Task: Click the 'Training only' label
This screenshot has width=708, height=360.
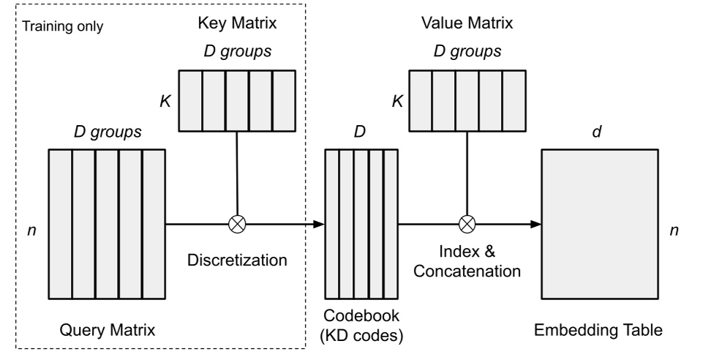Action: click(x=63, y=28)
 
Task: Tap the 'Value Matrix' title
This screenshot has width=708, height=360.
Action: click(x=466, y=22)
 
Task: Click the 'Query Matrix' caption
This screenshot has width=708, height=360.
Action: click(x=108, y=331)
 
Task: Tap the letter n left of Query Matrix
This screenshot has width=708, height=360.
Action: click(x=30, y=230)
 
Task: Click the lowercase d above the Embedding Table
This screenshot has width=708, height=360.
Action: click(x=602, y=132)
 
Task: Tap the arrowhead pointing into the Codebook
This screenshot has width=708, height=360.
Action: click(x=319, y=224)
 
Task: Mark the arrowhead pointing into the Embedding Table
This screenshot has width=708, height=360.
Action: click(x=536, y=224)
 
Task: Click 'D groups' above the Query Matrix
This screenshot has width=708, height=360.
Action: click(x=107, y=133)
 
